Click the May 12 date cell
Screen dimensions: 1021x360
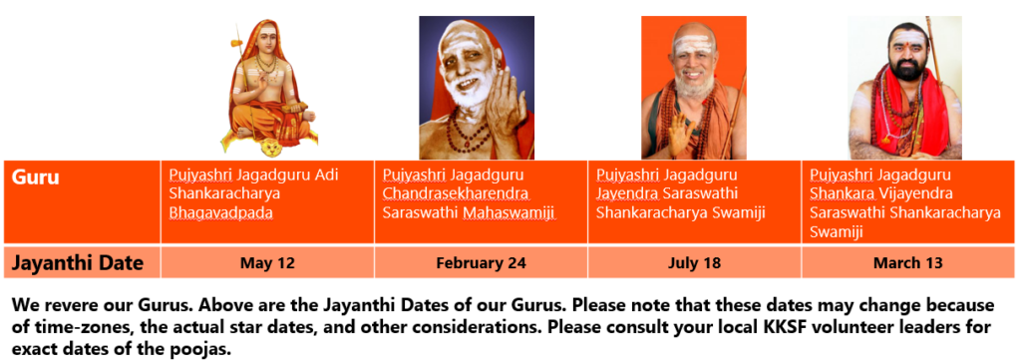point(267,263)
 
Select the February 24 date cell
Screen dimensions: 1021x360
point(481,263)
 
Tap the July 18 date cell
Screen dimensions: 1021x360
point(694,263)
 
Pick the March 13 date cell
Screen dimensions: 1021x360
point(907,263)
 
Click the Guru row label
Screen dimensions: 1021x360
point(36,178)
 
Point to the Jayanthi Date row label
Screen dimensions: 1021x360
point(78,263)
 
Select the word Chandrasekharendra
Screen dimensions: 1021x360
point(455,194)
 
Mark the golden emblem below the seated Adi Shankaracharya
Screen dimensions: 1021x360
point(269,149)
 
